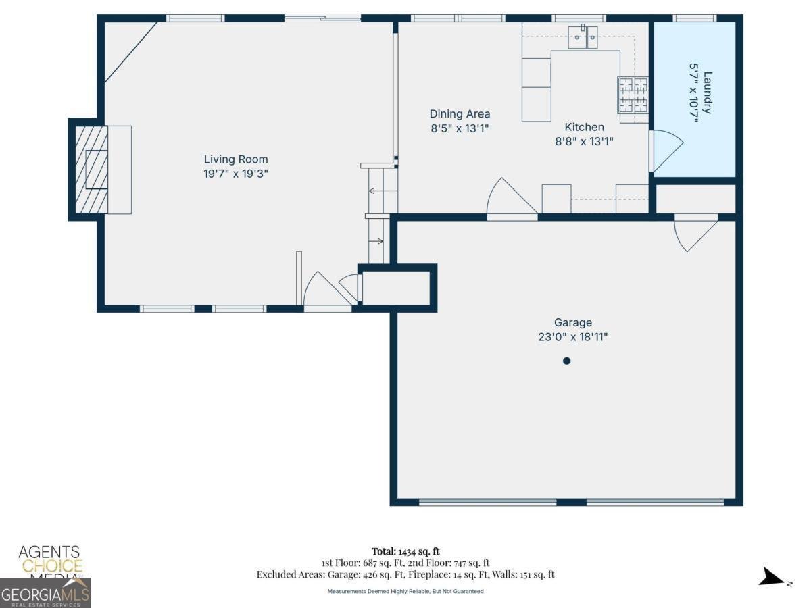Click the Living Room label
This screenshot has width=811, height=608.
(x=236, y=159)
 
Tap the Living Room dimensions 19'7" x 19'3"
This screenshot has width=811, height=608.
(x=236, y=174)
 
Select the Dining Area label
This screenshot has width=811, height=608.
(x=460, y=114)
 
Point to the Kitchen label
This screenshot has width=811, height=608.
(x=584, y=127)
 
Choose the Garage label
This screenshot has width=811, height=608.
(x=572, y=323)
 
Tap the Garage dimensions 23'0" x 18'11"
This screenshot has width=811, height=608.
(x=572, y=336)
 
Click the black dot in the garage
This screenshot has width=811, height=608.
(x=566, y=361)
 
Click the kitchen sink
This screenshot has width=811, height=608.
(x=583, y=36)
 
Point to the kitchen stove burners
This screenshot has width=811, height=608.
(x=633, y=95)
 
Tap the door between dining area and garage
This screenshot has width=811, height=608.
(x=512, y=200)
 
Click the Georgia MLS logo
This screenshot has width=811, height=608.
(x=45, y=594)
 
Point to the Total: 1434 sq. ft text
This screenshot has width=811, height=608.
(x=405, y=551)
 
